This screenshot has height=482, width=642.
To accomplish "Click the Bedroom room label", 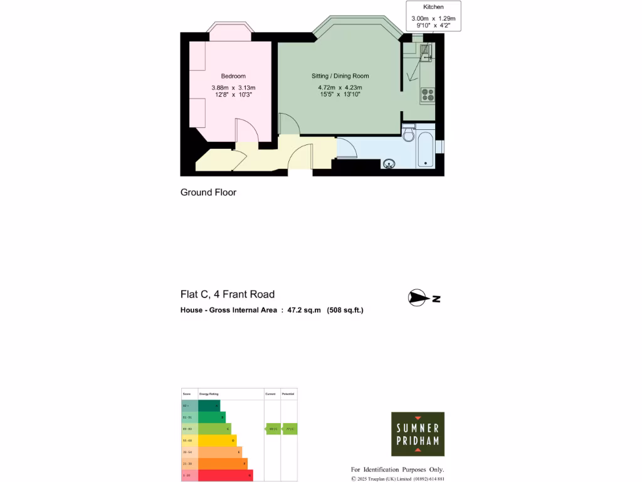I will [x=233, y=76].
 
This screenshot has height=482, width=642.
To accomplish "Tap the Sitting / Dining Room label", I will [x=340, y=76].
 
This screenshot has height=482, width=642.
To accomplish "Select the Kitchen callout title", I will [x=433, y=7].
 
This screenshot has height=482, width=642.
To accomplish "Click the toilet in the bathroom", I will [x=408, y=134].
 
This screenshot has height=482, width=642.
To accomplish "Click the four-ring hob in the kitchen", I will [x=428, y=94].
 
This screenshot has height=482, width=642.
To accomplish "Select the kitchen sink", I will [x=426, y=53].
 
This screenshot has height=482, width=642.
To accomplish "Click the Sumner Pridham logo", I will [x=418, y=434].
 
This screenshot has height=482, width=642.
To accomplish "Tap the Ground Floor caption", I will [x=208, y=193].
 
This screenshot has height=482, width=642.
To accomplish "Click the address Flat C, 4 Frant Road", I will [x=227, y=294].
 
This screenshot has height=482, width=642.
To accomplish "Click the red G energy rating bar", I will [x=226, y=476].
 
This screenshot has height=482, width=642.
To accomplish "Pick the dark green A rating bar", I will [x=209, y=406].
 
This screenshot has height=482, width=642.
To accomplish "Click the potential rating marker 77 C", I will [x=289, y=429].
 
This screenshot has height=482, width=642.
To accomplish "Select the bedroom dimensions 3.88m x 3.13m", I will [x=233, y=87].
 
